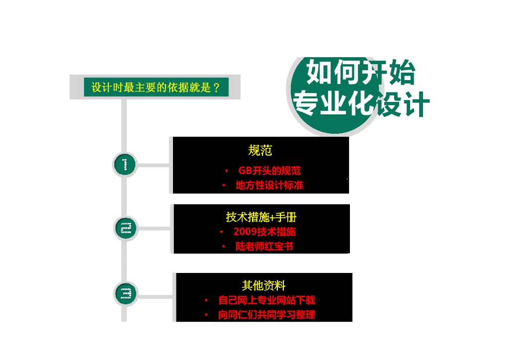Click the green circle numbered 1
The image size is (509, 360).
125,165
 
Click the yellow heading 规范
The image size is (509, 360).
260,150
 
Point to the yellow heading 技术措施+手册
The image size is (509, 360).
261,217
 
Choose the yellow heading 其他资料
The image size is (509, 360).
263,285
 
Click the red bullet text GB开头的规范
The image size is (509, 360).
269,171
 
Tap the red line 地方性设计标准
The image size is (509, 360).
269,185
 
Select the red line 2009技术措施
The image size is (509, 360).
264,232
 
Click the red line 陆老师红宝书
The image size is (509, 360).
264,247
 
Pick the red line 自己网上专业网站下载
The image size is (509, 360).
266,300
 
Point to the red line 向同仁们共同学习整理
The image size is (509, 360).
266,315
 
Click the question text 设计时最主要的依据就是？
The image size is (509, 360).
156,88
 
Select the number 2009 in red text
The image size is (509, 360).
245,232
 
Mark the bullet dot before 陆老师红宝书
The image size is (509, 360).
224,247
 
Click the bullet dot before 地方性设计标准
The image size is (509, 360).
224,185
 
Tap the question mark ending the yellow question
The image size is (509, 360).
216,88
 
